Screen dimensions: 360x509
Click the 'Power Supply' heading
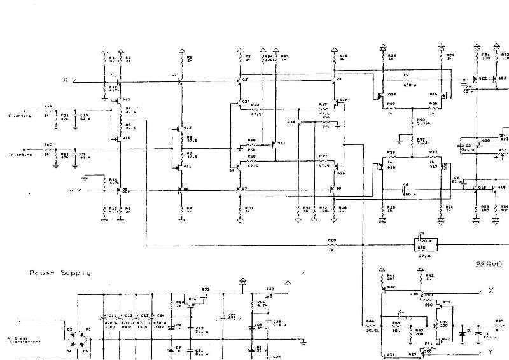(59, 273)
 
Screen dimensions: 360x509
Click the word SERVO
(489, 263)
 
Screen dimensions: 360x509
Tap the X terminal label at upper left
(65, 80)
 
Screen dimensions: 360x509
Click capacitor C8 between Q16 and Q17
(405, 189)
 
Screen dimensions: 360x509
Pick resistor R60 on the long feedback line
(331, 244)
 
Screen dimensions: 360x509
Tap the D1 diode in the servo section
(461, 333)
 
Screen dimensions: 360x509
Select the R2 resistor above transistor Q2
(182, 60)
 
